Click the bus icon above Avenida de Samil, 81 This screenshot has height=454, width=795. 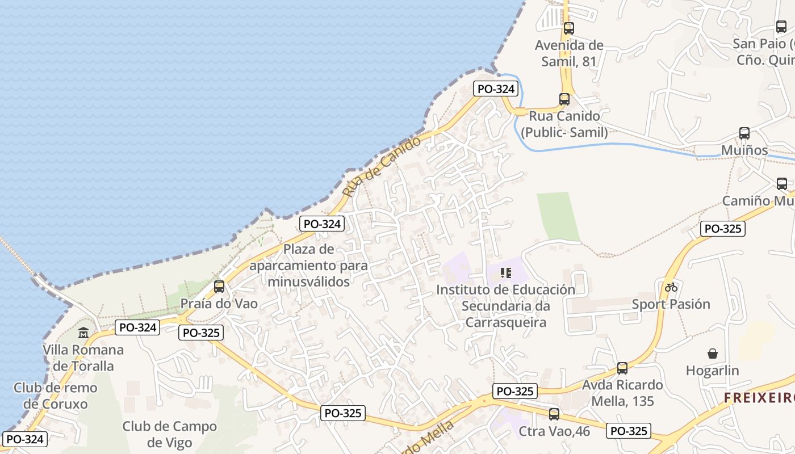(568, 28)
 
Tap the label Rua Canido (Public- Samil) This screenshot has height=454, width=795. (564, 124)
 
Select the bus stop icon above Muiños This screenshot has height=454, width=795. (744, 133)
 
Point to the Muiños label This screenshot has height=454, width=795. (744, 150)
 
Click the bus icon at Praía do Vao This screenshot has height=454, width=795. (219, 287)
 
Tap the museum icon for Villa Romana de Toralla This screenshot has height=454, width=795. (83, 333)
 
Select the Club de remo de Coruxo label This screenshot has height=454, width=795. (56, 396)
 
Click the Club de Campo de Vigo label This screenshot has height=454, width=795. (170, 434)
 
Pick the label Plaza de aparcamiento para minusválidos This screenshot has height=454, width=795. (308, 265)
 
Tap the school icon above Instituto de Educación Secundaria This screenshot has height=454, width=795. (505, 273)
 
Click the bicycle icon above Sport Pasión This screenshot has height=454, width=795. (671, 287)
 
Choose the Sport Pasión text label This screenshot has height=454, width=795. (671, 304)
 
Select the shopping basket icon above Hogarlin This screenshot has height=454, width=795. (712, 354)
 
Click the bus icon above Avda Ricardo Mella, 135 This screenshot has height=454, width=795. (622, 368)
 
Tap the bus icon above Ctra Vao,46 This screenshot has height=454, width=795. (554, 414)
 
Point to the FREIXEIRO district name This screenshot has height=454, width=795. (759, 398)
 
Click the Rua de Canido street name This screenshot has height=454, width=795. (382, 166)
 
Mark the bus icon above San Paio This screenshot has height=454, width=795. (781, 27)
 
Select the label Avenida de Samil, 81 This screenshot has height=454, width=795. (569, 53)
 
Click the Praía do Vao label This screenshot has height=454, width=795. (219, 304)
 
